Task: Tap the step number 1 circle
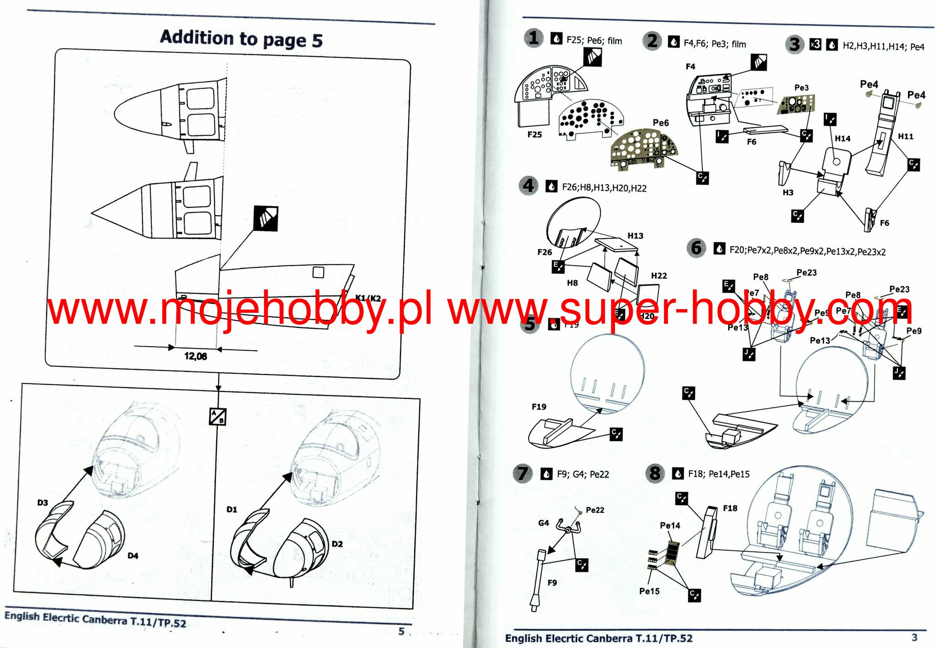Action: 533,38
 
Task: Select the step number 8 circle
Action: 655,473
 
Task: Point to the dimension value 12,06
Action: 195,356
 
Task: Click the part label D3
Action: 43,502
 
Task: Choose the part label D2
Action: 337,544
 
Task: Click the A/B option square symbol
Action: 218,416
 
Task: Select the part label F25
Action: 534,135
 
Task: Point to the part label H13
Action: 635,235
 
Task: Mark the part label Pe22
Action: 595,510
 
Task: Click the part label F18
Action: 730,508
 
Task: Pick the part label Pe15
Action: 649,591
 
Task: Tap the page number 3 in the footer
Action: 914,637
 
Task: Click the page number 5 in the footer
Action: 401,631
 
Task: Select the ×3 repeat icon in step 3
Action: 815,44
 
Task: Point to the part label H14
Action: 842,138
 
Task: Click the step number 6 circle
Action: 696,248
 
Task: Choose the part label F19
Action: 539,407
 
